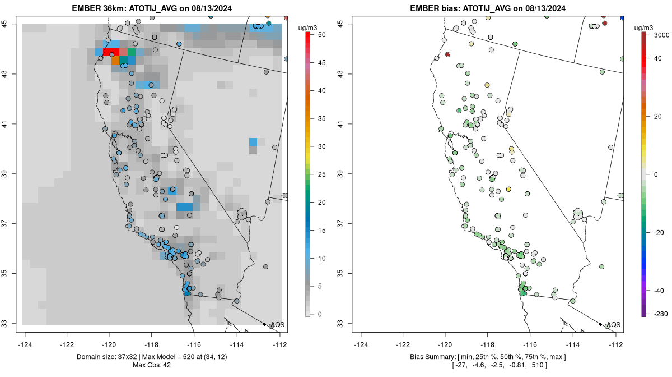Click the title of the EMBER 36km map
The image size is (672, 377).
coord(152,8)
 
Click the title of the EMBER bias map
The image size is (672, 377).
coord(488,8)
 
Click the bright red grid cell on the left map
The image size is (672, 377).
coord(111,52)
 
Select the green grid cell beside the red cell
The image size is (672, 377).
coord(132,52)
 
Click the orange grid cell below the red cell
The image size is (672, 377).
coord(115,60)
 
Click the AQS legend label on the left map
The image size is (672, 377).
coord(278,325)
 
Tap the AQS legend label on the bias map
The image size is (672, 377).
coord(614,325)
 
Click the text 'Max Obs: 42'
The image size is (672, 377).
coord(152,365)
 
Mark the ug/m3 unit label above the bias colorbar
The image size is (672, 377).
coord(643,28)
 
